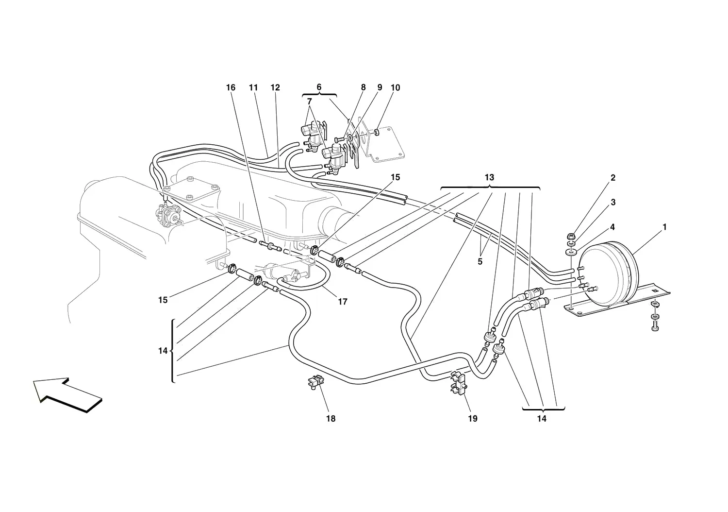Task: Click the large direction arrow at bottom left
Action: point(67,395)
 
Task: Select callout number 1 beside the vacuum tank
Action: point(664,227)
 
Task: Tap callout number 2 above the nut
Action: point(613,178)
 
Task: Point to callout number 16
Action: point(231,87)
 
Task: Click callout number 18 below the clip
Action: point(331,419)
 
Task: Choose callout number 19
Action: point(473,419)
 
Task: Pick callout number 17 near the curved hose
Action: point(343,302)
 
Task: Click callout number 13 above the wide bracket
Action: point(489,177)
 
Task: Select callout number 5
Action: point(480,261)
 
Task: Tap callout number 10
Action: point(395,87)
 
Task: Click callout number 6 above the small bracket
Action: point(319,87)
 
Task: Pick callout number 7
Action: point(310,102)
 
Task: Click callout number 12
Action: point(275,87)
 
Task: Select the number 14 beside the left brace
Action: point(163,351)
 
